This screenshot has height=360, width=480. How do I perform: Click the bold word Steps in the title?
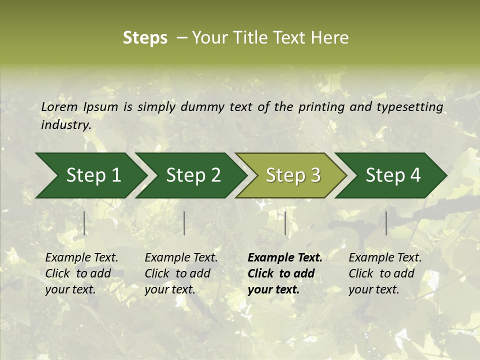(x=145, y=38)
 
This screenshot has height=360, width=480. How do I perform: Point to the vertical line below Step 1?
(x=84, y=223)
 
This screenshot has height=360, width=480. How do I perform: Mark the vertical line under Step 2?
(x=184, y=223)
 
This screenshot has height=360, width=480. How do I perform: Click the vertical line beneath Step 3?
(x=285, y=223)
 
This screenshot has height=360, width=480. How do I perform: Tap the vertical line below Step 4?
(x=386, y=223)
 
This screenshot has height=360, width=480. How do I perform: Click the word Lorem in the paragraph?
(x=59, y=107)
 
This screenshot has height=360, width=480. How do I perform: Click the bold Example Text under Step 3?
(x=285, y=273)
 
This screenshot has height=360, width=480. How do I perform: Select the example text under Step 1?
(x=81, y=273)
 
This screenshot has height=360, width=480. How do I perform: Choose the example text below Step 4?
(x=385, y=273)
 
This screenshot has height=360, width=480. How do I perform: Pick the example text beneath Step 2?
(x=181, y=273)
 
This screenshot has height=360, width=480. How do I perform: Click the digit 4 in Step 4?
(x=415, y=175)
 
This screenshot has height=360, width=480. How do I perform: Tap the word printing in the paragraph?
(x=319, y=107)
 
